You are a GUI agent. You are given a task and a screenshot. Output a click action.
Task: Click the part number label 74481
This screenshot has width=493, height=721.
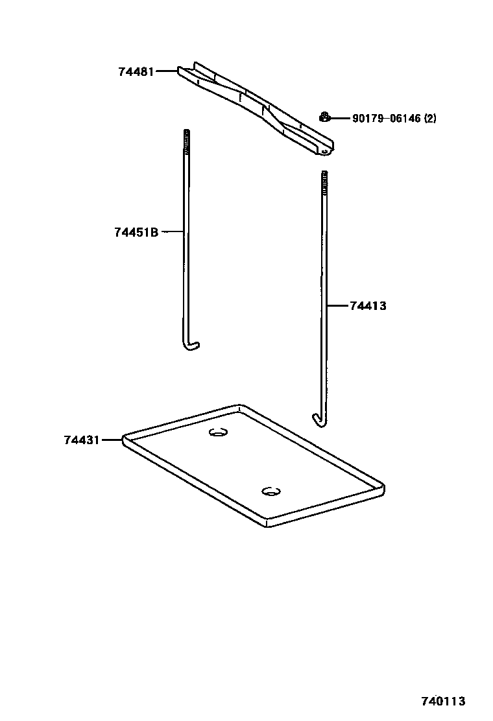point(136,71)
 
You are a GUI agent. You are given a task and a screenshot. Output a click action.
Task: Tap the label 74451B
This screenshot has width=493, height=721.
point(136,231)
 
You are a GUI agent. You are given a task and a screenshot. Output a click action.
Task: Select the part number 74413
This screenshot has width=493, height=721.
point(368,305)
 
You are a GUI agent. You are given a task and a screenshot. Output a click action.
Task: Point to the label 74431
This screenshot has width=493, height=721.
point(82,440)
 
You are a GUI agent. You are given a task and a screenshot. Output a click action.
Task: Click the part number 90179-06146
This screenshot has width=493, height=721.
point(387,119)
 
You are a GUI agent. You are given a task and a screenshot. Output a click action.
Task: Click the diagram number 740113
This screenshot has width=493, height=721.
point(444,702)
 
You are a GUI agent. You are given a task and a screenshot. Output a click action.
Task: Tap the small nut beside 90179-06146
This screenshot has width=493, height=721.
point(324,117)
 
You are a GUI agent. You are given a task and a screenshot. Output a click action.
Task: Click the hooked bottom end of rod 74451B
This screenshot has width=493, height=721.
point(191,346)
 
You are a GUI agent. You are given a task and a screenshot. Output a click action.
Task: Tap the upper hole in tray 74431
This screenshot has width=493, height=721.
point(219,432)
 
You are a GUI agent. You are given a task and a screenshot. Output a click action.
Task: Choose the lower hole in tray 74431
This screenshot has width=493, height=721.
point(271,491)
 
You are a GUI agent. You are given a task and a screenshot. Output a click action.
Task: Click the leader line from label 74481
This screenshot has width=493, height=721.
point(166,71)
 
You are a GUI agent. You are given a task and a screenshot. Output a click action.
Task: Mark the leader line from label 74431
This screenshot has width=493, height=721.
point(112,440)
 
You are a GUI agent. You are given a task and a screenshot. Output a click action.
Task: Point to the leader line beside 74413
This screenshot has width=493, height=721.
point(337,305)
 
